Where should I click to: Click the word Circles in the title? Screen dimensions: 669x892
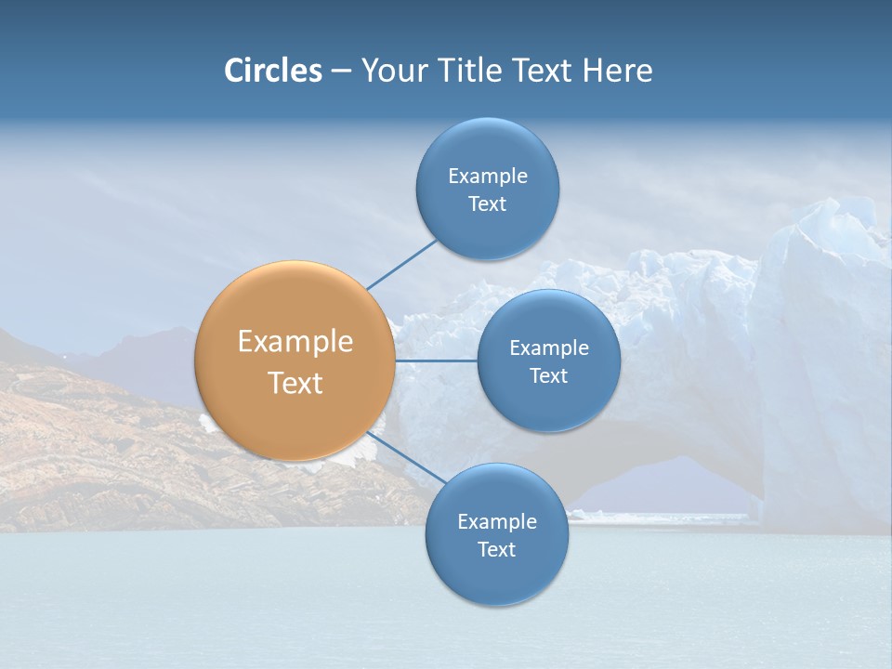pyautogui.click(x=272, y=71)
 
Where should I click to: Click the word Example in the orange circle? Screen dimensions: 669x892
pyautogui.click(x=295, y=342)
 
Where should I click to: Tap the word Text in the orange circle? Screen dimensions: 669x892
pyautogui.click(x=295, y=383)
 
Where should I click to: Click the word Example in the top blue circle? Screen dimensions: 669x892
pyautogui.click(x=487, y=177)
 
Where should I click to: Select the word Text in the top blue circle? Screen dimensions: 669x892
pyautogui.click(x=487, y=204)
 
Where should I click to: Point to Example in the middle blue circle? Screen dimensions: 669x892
pyautogui.click(x=548, y=348)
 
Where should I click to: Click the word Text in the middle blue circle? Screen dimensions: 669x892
pyautogui.click(x=548, y=376)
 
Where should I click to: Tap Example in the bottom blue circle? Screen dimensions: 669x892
pyautogui.click(x=496, y=522)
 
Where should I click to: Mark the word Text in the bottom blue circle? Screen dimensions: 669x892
pyautogui.click(x=496, y=550)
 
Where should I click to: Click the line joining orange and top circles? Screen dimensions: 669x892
pyautogui.click(x=401, y=265)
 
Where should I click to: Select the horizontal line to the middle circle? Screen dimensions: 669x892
pyautogui.click(x=437, y=361)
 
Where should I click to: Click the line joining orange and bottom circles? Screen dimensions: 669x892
pyautogui.click(x=406, y=457)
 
